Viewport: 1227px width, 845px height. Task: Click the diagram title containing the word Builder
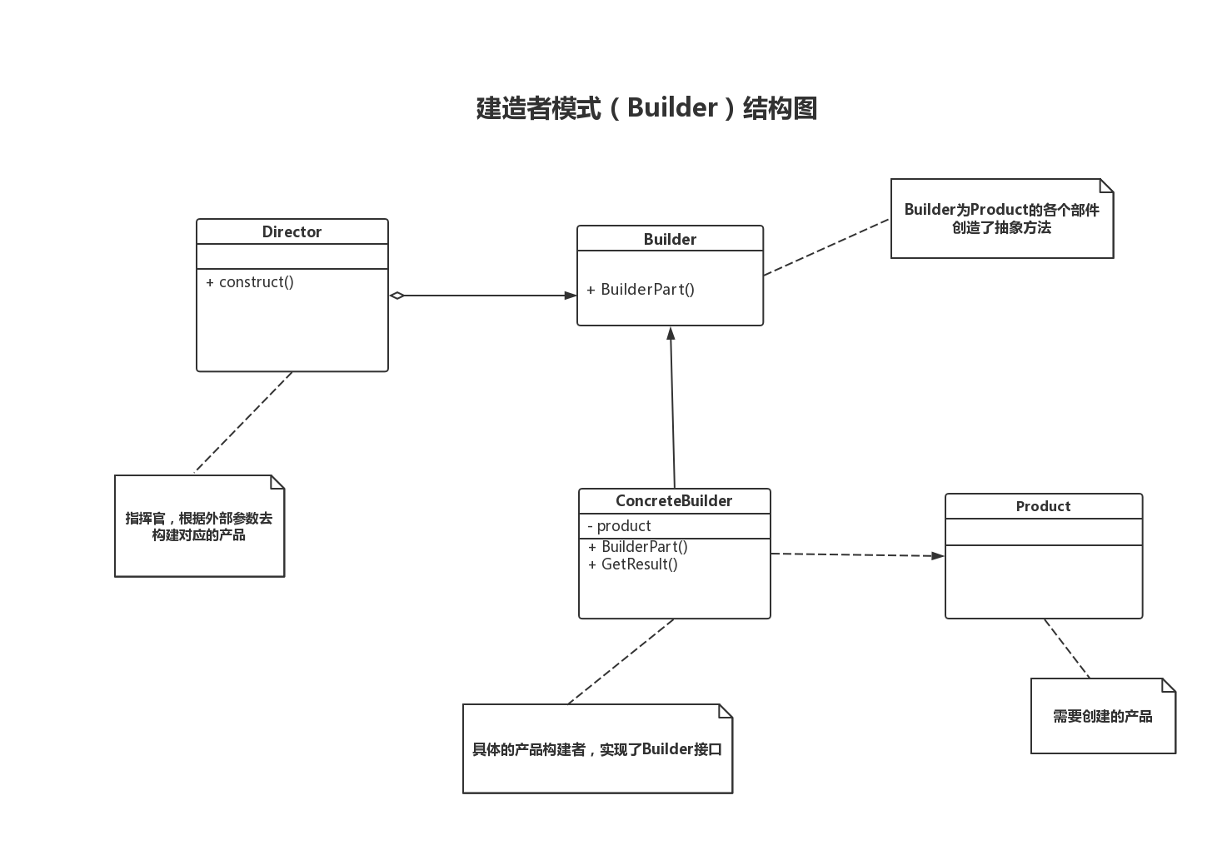(646, 108)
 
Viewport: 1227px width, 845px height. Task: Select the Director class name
(292, 231)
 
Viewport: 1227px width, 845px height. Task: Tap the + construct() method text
(250, 282)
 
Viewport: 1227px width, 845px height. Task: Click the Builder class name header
(670, 239)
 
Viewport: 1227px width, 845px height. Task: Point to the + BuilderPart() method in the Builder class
(641, 290)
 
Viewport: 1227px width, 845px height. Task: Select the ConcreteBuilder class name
(674, 500)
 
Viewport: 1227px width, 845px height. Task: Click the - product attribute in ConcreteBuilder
(619, 526)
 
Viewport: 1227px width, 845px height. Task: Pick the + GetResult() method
(633, 564)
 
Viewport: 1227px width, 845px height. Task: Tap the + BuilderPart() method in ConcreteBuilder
(638, 547)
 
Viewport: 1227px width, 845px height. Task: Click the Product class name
(1043, 506)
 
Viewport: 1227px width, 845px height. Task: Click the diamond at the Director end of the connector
(397, 296)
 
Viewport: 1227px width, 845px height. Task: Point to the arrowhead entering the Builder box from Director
(571, 296)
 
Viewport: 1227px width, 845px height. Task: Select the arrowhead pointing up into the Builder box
(671, 333)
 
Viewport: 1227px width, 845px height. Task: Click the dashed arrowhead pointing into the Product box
(938, 555)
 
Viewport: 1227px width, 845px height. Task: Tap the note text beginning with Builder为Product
(1001, 218)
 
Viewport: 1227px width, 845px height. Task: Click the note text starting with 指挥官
(199, 526)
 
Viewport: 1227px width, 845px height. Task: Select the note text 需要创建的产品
(1102, 716)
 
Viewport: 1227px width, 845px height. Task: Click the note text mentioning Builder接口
(597, 749)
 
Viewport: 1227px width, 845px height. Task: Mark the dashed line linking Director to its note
(243, 422)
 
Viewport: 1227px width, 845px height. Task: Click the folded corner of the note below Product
(1169, 685)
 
